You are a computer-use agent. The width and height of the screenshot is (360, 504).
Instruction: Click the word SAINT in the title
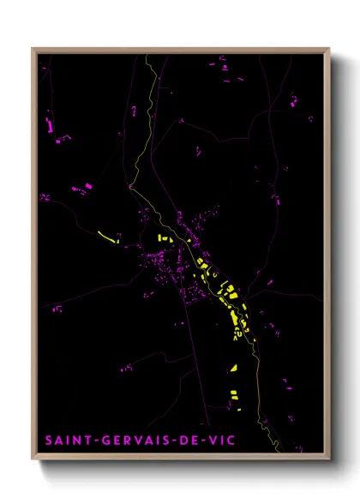pyautogui.click(x=65, y=441)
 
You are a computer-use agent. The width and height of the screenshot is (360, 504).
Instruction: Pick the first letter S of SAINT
pyautogui.click(x=48, y=441)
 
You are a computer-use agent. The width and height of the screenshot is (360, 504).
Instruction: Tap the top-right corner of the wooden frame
pyautogui.click(x=329, y=49)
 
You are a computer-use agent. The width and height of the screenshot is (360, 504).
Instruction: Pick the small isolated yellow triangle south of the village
pyautogui.click(x=233, y=368)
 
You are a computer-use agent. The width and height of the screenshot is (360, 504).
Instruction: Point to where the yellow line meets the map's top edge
pyautogui.click(x=146, y=55)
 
